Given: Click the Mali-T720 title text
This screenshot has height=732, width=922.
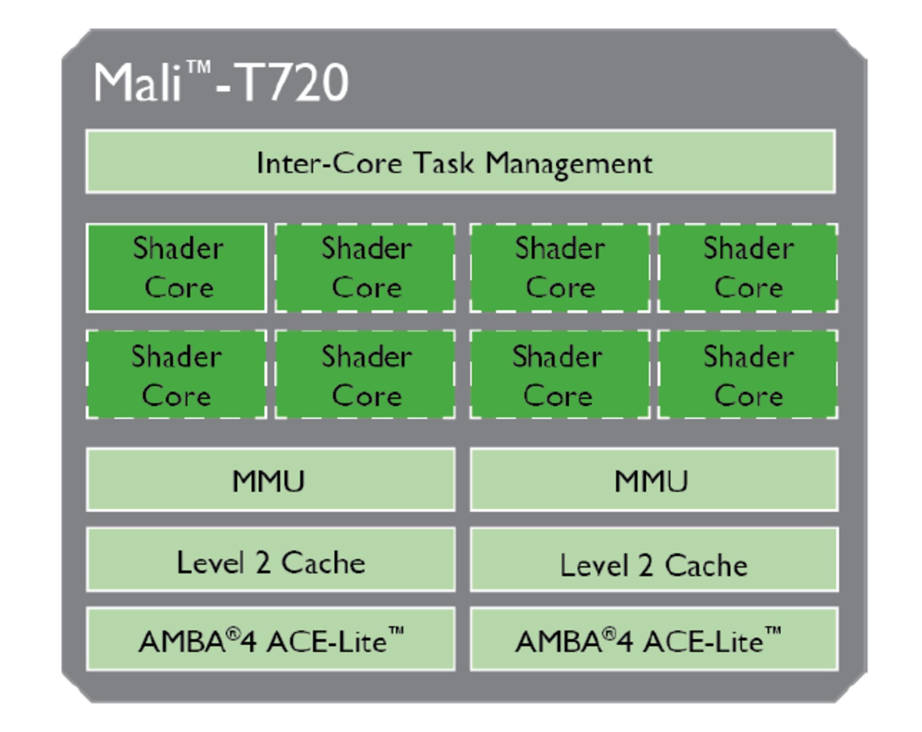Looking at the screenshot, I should [221, 83].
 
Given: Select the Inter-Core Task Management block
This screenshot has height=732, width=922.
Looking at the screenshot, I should [460, 162].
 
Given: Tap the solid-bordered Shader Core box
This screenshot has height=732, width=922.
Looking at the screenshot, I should [176, 268].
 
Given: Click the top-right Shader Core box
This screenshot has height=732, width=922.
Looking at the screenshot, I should [748, 268].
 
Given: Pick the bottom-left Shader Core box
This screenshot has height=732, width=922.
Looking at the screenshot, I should [176, 375].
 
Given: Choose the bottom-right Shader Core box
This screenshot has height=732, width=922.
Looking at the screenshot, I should [748, 375].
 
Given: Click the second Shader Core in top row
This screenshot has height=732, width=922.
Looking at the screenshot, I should [365, 268].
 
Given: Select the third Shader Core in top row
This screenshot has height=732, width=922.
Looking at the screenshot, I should [559, 268].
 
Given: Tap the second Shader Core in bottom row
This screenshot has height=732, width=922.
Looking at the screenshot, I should [365, 375].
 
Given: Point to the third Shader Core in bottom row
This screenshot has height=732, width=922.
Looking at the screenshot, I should [559, 375].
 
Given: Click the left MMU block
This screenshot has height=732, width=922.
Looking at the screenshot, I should [270, 479].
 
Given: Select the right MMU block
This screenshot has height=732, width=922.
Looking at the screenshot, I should [654, 479].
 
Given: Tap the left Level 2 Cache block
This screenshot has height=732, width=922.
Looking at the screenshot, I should [270, 560].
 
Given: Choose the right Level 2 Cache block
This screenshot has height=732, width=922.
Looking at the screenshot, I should [654, 560].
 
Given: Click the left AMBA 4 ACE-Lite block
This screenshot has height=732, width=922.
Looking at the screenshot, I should [270, 639].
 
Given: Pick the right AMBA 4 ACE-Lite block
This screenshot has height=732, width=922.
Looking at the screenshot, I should [654, 639].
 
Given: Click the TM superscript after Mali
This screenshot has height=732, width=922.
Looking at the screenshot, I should [198, 67].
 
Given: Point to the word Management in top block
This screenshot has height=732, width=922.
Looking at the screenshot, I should [569, 164].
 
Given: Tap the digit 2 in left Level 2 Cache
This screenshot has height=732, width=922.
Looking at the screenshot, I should [263, 562].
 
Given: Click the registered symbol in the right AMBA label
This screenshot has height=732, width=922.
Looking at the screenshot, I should [609, 634].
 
